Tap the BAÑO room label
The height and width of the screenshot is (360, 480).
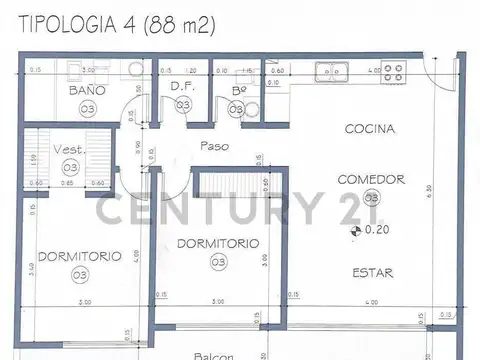(x=87, y=90)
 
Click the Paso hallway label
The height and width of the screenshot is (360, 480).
(x=215, y=145)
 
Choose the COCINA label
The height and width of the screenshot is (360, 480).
(x=371, y=130)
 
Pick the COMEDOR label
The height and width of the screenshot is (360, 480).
(x=371, y=180)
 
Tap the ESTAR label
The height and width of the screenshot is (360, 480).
(x=371, y=272)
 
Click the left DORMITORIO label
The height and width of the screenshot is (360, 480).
(x=79, y=255)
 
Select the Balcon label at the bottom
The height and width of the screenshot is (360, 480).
(x=213, y=355)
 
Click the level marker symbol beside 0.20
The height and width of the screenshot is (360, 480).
(x=352, y=231)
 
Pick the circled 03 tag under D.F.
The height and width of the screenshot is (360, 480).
(x=182, y=105)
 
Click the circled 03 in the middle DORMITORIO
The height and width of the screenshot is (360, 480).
(x=218, y=262)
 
